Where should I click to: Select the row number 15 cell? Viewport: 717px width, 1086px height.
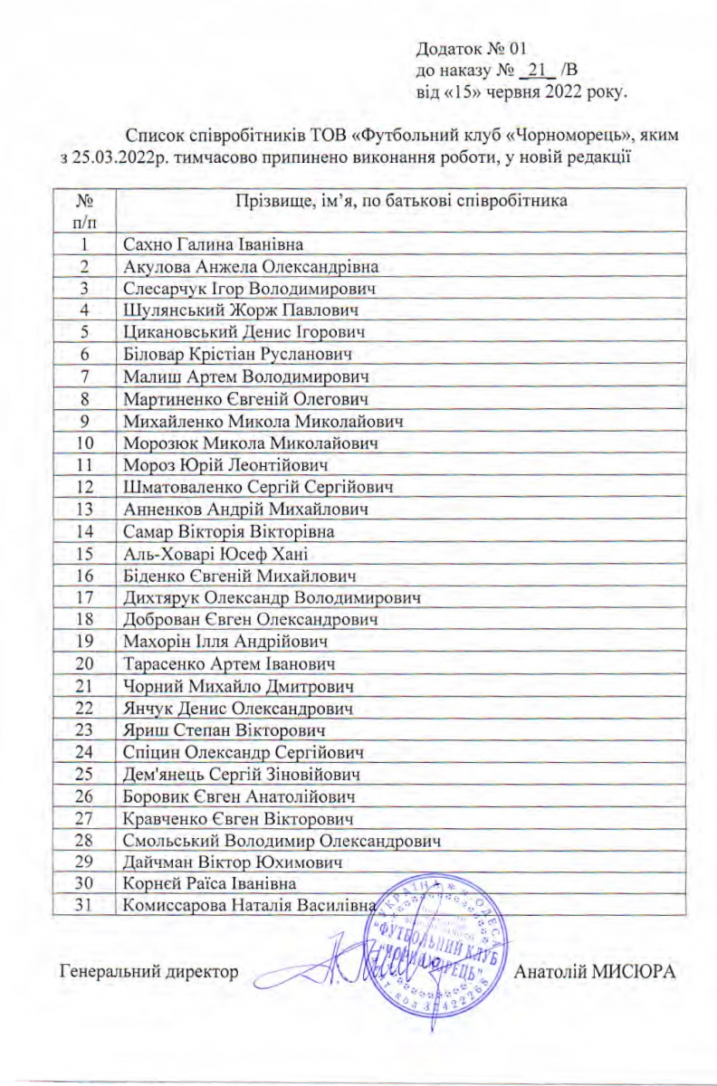(87, 553)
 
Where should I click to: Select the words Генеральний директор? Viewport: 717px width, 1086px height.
(149, 972)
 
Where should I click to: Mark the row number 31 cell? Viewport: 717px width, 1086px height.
(87, 906)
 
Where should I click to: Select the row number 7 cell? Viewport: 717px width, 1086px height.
(87, 376)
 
